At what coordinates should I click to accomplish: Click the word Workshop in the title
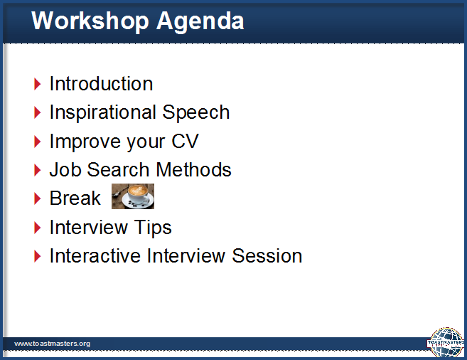pyautogui.click(x=90, y=21)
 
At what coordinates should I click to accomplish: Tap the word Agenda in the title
pyautogui.click(x=200, y=21)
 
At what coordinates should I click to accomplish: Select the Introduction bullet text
pyautogui.click(x=101, y=83)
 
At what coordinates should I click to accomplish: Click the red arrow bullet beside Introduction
pyautogui.click(x=37, y=84)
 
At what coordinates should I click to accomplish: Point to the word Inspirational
pyautogui.click(x=103, y=112)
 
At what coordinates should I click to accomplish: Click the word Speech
pyautogui.click(x=196, y=112)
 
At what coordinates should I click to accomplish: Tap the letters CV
pyautogui.click(x=185, y=141)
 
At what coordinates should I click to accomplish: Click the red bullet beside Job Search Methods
pyautogui.click(x=37, y=170)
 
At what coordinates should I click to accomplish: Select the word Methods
pyautogui.click(x=193, y=169)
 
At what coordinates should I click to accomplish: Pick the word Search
pyautogui.click(x=119, y=169)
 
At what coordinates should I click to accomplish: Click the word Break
pyautogui.click(x=75, y=198)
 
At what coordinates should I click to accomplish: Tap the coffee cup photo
pyautogui.click(x=133, y=196)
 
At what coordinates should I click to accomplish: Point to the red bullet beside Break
pyautogui.click(x=37, y=198)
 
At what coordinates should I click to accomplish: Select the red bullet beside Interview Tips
pyautogui.click(x=37, y=228)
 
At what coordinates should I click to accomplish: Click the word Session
pyautogui.click(x=267, y=255)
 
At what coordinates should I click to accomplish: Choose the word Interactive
pyautogui.click(x=95, y=255)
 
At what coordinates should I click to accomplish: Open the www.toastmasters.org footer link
pyautogui.click(x=52, y=344)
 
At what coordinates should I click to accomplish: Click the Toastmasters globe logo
pyautogui.click(x=446, y=343)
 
